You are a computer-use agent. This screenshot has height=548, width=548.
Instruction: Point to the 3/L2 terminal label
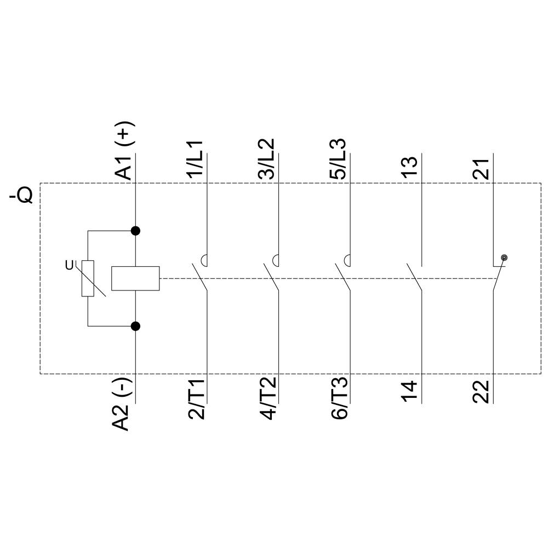coord(266,159)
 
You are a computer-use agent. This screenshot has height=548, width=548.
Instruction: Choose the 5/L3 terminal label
coord(338,159)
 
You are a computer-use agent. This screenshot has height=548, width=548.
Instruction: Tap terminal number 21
coord(481,166)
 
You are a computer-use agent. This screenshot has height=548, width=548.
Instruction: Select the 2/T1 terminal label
coord(196,398)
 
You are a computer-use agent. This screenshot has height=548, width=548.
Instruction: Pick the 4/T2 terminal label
coord(267,398)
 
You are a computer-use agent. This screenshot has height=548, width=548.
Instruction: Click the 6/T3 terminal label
coord(339,398)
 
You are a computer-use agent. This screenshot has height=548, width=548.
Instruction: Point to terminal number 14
coord(410,391)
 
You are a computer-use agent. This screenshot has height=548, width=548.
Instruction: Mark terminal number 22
coord(481,391)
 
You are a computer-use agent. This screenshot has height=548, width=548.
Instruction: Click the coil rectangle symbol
coord(135,278)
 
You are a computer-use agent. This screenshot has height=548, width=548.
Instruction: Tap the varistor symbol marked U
coord(88,278)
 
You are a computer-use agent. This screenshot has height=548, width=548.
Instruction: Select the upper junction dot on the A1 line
coord(135,231)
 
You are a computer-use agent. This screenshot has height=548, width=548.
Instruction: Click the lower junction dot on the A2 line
coord(135,326)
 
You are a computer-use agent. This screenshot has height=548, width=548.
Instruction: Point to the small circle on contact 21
coord(504,258)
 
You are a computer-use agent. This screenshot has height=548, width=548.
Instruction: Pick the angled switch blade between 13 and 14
coord(414,277)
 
